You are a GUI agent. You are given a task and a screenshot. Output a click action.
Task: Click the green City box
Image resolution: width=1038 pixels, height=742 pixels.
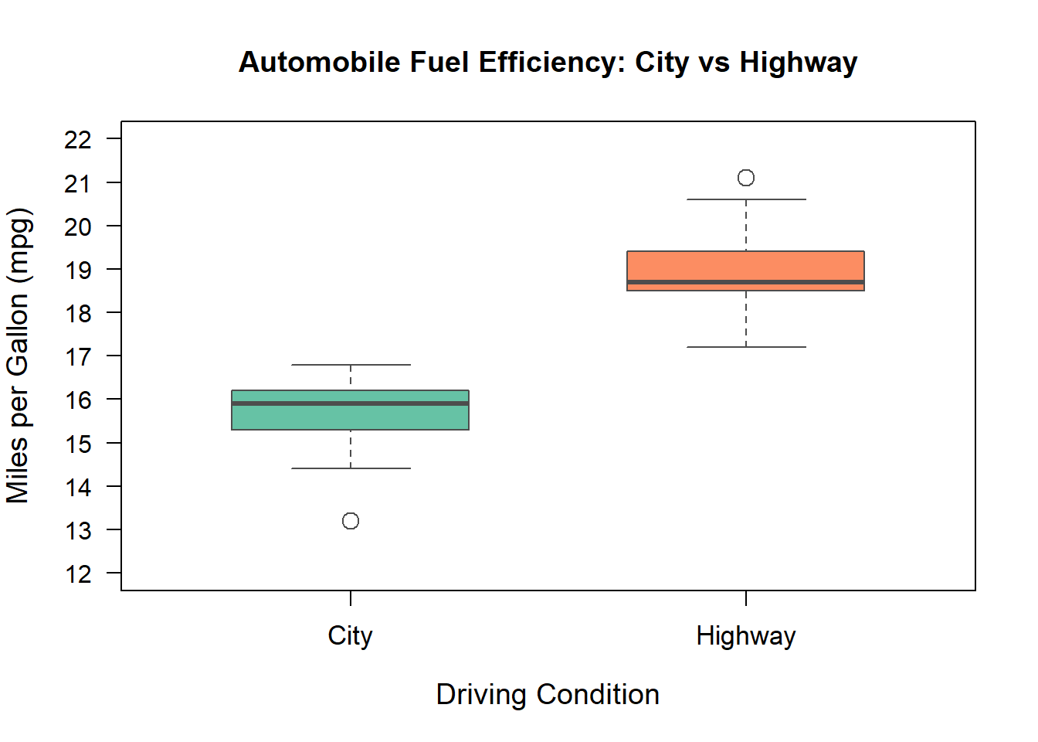tap(350, 417)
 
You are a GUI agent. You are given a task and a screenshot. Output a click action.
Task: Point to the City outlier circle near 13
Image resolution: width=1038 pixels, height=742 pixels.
tap(351, 521)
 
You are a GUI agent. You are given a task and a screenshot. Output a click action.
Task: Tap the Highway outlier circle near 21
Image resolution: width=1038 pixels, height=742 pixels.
tap(746, 178)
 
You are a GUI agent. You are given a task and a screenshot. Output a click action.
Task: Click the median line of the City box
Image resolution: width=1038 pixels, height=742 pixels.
tap(350, 403)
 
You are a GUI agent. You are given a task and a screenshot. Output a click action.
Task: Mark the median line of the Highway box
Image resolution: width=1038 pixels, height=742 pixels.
tap(745, 282)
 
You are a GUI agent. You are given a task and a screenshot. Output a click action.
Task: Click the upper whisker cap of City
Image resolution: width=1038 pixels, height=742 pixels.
tap(351, 365)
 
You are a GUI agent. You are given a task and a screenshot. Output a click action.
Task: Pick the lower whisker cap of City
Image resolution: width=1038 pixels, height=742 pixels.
tap(351, 468)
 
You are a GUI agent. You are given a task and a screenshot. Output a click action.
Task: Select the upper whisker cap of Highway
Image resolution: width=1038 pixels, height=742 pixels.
tap(746, 199)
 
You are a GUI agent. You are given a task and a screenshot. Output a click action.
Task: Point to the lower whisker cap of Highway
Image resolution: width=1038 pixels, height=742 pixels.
tap(746, 347)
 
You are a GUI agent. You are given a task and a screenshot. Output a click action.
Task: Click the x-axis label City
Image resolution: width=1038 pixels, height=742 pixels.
tap(350, 636)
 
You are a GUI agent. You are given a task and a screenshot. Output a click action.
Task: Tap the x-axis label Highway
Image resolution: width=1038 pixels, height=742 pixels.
tap(745, 636)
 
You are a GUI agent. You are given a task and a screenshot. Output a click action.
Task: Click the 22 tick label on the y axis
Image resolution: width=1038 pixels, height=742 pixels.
tap(78, 140)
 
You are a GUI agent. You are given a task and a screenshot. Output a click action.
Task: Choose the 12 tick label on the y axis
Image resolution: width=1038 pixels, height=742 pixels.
tap(78, 574)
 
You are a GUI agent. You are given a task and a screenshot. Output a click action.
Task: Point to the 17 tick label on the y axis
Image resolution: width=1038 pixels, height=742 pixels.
tap(78, 357)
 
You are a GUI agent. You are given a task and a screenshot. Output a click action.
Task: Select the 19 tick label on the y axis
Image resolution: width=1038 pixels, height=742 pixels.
tap(78, 271)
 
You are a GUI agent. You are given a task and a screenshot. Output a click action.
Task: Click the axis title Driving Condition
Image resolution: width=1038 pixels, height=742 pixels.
tap(548, 694)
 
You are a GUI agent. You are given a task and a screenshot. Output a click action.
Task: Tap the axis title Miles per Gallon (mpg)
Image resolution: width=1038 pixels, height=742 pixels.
tap(19, 356)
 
